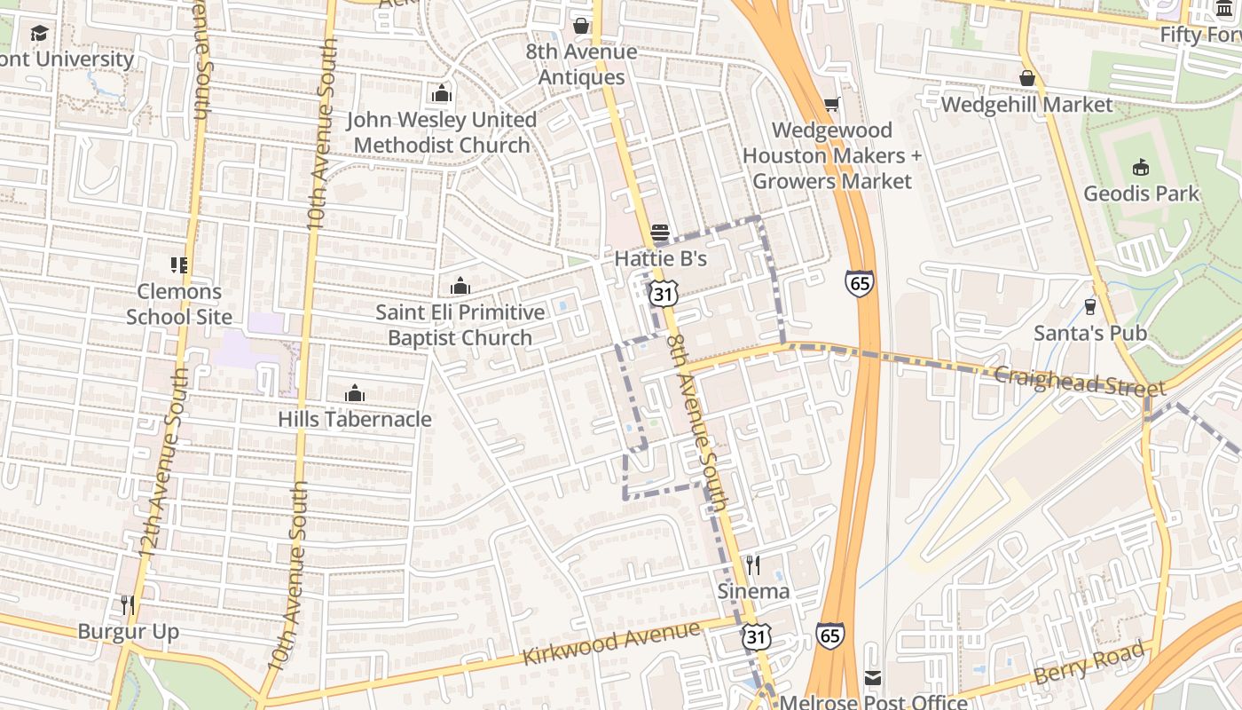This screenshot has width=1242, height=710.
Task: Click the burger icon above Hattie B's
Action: click(x=660, y=233)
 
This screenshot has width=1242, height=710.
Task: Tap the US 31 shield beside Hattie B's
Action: click(x=663, y=291)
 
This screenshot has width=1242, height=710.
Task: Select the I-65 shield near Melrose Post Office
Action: click(x=829, y=635)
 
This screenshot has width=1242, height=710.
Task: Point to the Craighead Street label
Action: click(x=1079, y=382)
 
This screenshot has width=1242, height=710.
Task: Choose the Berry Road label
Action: click(x=1089, y=663)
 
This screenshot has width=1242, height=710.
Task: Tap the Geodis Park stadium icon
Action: click(x=1141, y=168)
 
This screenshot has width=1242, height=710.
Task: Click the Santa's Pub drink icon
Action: click(x=1090, y=307)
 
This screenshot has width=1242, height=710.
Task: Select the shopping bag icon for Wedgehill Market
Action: click(x=1026, y=78)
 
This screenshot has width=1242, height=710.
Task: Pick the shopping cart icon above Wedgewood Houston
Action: click(x=831, y=105)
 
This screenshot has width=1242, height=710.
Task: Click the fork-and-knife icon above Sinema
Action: click(x=752, y=564)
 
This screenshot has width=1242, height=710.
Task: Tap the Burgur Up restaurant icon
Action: click(x=128, y=605)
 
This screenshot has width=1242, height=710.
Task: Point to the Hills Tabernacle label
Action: click(x=355, y=419)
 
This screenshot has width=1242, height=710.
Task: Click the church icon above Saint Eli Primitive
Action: click(x=460, y=286)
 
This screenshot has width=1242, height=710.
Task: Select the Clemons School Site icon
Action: click(x=178, y=264)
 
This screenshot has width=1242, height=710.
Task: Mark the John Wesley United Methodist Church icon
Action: click(x=441, y=93)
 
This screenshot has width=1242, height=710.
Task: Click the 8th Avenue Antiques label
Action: click(x=581, y=64)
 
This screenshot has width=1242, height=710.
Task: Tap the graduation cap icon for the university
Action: click(x=39, y=34)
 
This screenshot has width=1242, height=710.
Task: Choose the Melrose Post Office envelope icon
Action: click(x=873, y=678)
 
